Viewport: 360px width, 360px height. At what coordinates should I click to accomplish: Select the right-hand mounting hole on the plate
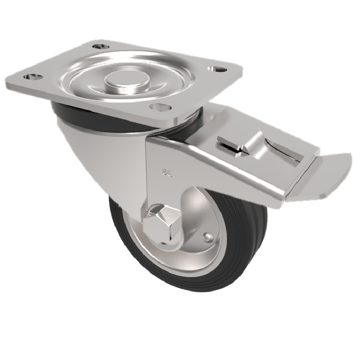217,69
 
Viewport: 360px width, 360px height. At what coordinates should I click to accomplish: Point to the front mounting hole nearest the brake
159,107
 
